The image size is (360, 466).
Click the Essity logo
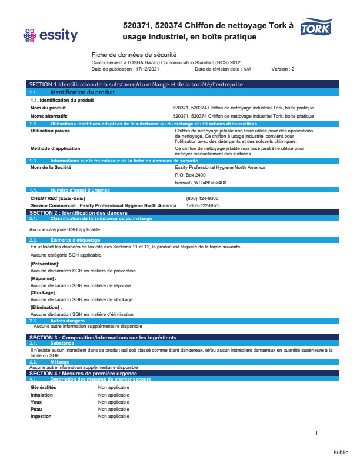(x=49, y=36)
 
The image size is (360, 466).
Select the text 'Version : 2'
(x=282, y=69)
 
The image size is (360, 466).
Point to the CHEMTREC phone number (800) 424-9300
(x=202, y=198)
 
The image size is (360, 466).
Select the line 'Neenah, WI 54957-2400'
(x=201, y=182)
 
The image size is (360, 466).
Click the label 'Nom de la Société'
(x=51, y=167)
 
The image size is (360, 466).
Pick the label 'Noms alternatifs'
(x=48, y=116)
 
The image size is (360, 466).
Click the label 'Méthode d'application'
(x=55, y=148)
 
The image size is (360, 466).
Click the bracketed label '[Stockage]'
(x=44, y=292)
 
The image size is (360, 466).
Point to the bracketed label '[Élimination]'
(x=46, y=307)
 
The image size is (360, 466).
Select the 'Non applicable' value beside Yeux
(x=114, y=402)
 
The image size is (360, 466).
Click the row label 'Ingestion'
(x=41, y=416)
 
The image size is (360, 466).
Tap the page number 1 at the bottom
(x=316, y=434)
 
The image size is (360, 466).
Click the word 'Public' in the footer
(x=341, y=452)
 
